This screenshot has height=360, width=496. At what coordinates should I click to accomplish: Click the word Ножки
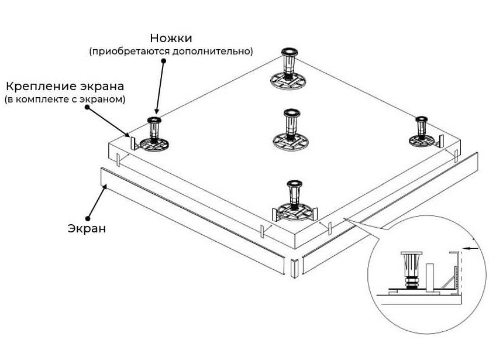tap(171, 38)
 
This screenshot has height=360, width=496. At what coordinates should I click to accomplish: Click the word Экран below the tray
tap(86, 228)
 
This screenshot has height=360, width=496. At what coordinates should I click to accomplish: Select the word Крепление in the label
tap(37, 87)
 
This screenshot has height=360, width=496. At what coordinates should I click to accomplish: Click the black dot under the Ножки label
tap(163, 61)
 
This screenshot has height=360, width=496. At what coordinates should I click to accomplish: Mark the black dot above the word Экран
tap(88, 215)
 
